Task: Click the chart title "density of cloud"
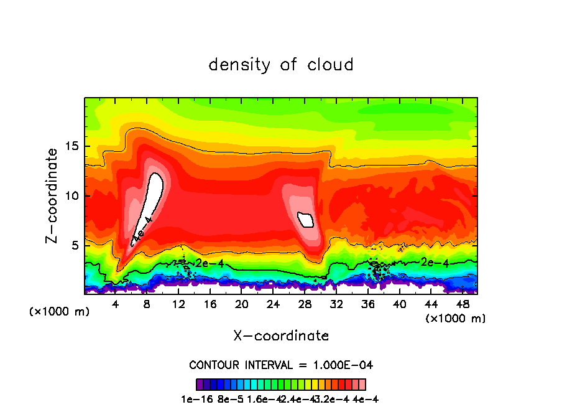(x=281, y=65)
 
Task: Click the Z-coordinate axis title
(x=52, y=195)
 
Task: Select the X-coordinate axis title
(x=281, y=336)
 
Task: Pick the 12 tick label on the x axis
(x=178, y=304)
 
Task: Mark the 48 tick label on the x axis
(x=462, y=304)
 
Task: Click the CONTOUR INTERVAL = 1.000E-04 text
(x=281, y=365)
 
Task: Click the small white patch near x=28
(x=306, y=219)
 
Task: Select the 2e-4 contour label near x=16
(x=208, y=263)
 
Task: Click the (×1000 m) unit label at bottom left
(x=60, y=312)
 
